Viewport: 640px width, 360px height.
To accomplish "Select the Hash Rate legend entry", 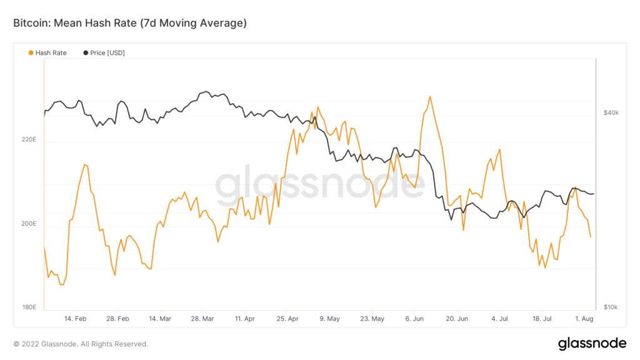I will click(51, 53).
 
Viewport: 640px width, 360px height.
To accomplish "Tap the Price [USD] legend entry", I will click(107, 53).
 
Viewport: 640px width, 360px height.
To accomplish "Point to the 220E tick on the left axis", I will click(29, 139).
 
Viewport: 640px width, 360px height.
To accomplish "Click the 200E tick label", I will click(29, 224).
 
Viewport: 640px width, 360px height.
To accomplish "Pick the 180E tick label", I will click(29, 307).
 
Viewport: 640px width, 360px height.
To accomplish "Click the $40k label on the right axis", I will click(610, 113).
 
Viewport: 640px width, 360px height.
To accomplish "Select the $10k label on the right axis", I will click(610, 307).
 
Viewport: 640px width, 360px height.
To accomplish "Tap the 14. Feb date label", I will click(76, 318).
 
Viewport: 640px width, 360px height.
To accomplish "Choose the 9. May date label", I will click(329, 318).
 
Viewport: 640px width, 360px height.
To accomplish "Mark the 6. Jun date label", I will click(415, 318).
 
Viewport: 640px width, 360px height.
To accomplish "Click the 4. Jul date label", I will click(500, 318).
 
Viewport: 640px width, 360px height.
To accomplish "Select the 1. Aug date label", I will click(584, 318).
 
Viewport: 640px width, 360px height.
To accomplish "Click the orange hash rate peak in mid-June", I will click(430, 97).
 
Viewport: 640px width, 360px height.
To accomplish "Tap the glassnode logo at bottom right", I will click(591, 343).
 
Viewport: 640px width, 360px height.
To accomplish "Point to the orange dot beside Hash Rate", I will click(31, 53).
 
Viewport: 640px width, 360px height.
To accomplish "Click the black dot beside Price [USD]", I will click(86, 53).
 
